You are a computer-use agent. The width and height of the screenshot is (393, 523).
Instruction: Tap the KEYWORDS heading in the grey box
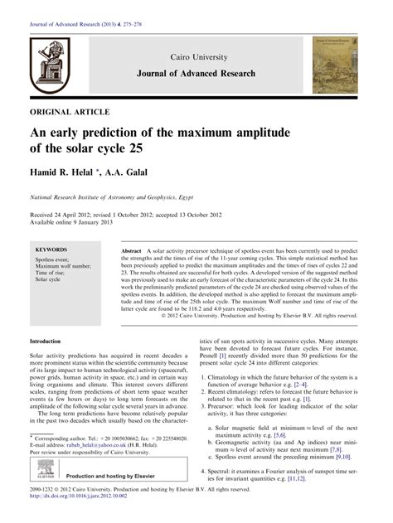[x=51, y=249]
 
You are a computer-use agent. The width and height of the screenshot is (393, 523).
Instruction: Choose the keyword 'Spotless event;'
[x=52, y=259]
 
